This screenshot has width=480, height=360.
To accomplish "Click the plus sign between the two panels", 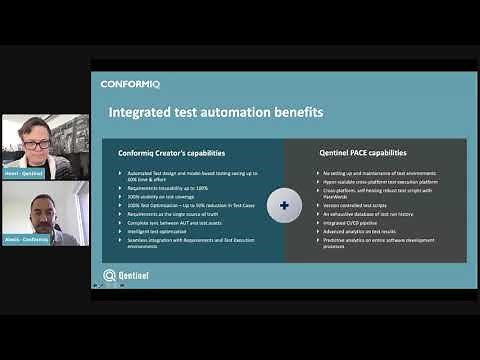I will tap(285, 206).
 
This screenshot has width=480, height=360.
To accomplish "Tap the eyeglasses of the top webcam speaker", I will tap(37, 144).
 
